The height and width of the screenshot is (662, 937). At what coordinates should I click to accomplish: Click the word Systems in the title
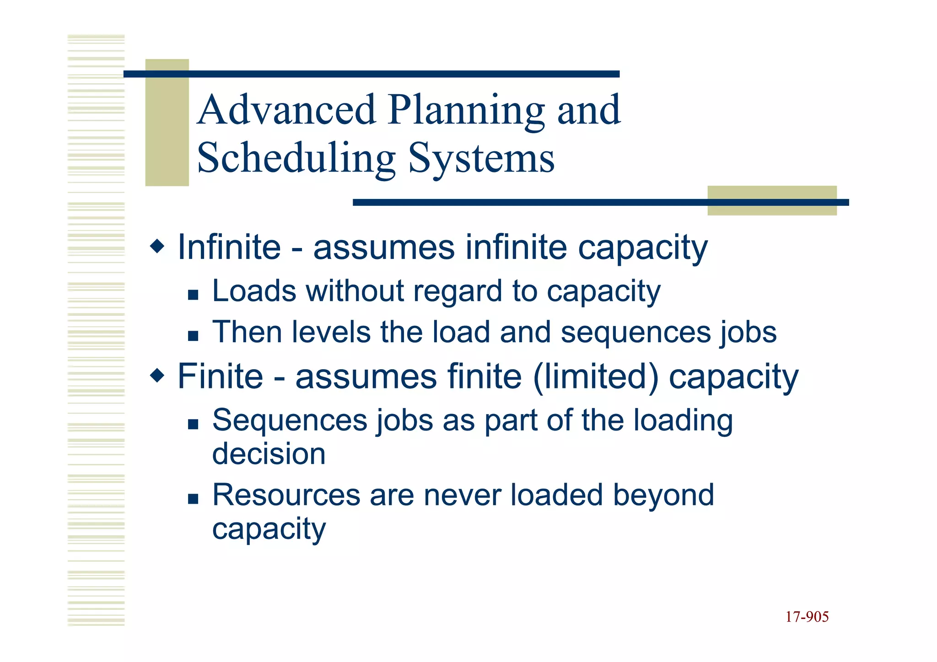pyautogui.click(x=481, y=159)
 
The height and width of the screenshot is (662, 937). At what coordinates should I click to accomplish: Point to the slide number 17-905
pyautogui.click(x=807, y=617)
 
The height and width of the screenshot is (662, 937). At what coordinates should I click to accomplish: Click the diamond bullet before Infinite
pyautogui.click(x=157, y=247)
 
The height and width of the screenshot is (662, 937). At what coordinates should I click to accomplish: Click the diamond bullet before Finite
pyautogui.click(x=157, y=376)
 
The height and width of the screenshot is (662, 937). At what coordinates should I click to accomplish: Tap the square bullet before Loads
pyautogui.click(x=193, y=294)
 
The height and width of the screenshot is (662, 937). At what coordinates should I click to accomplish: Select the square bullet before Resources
pyautogui.click(x=193, y=498)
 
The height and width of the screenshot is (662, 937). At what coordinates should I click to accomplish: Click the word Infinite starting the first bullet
pyautogui.click(x=229, y=247)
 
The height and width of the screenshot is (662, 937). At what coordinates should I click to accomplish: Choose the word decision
pyautogui.click(x=269, y=454)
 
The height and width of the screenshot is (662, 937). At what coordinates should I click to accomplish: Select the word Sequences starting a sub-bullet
pyautogui.click(x=290, y=420)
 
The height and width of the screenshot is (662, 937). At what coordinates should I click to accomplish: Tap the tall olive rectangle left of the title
pyautogui.click(x=167, y=123)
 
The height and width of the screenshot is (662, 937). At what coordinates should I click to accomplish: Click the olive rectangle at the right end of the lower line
pyautogui.click(x=772, y=200)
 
